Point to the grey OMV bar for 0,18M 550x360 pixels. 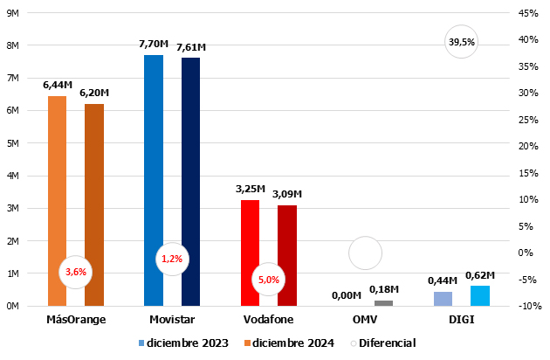click(x=383, y=303)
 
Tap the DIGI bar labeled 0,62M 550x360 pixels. click(x=479, y=296)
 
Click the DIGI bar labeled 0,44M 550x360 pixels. click(x=443, y=299)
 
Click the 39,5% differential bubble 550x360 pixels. click(x=461, y=41)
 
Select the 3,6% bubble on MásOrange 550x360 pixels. click(x=75, y=272)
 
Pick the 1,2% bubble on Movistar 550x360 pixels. click(x=172, y=259)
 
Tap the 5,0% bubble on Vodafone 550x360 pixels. click(x=268, y=280)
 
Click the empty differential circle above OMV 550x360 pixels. click(x=365, y=253)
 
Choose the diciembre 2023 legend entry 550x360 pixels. click(x=182, y=343)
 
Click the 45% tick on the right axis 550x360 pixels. click(x=527, y=13)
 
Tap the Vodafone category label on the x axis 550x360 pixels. click(x=268, y=320)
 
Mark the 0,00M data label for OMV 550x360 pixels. click(x=347, y=295)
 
